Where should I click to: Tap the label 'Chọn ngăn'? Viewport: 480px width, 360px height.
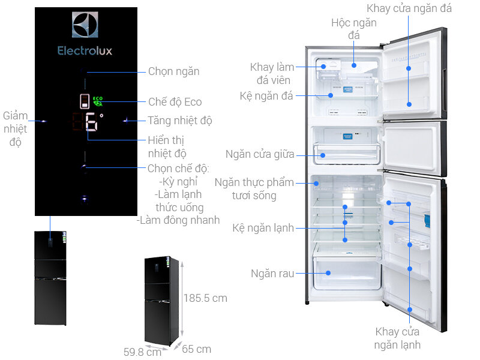click(x=173, y=71)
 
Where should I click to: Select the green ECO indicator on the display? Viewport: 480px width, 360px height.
click(x=97, y=100)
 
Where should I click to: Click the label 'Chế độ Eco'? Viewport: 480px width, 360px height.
click(x=175, y=101)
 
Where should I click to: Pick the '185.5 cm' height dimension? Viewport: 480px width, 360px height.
click(x=205, y=298)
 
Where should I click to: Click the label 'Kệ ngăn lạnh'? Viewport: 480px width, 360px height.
click(x=263, y=227)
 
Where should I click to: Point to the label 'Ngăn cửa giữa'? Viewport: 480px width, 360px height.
click(x=260, y=154)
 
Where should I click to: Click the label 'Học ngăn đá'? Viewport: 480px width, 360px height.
click(x=354, y=29)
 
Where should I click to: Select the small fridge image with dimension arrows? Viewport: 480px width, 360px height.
click(x=161, y=300)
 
